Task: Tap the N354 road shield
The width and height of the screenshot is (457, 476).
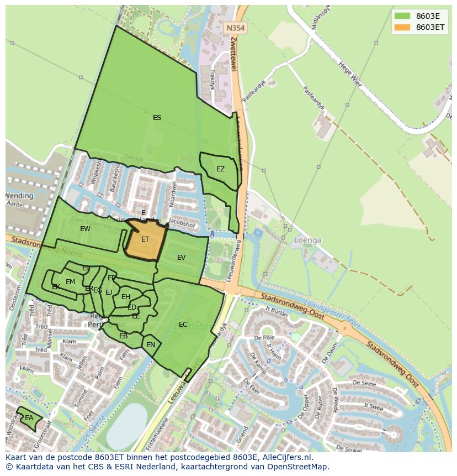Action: point(236,27)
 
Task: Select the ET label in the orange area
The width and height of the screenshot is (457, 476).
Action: point(145,239)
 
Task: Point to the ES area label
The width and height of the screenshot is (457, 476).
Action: point(157,118)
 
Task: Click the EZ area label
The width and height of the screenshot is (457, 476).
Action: point(220,169)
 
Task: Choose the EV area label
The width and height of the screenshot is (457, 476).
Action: point(182,258)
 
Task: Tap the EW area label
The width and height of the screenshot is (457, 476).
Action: point(85,229)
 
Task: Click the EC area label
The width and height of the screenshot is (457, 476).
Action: point(183,325)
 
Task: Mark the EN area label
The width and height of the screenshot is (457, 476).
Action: point(151,345)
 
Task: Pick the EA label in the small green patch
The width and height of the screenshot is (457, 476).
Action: point(29,418)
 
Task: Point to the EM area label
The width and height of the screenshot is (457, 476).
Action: point(70,282)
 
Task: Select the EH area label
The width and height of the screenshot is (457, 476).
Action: point(126,297)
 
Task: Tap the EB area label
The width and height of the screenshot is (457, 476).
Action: point(124,336)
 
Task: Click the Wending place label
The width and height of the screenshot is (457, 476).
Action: point(19,196)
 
